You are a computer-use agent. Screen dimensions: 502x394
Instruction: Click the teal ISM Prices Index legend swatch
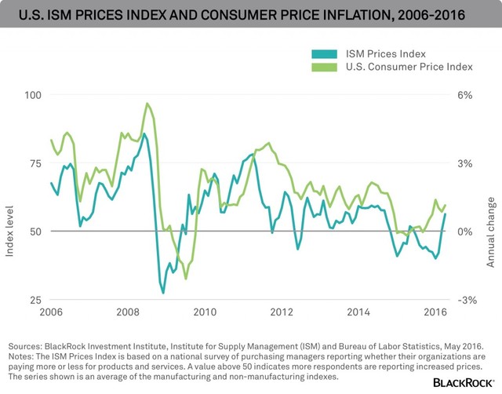(x=324, y=54)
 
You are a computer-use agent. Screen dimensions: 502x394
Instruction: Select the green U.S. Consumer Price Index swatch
(x=324, y=67)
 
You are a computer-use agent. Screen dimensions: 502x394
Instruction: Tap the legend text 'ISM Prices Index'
(x=386, y=54)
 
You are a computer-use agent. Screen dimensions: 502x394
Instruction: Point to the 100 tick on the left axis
(x=33, y=95)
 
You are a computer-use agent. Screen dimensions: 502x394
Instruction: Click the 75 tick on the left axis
(x=35, y=163)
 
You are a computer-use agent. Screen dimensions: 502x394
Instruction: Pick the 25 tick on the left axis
(x=35, y=300)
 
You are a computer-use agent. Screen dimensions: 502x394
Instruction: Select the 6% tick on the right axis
(x=465, y=95)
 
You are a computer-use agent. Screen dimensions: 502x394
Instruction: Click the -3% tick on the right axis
(x=467, y=300)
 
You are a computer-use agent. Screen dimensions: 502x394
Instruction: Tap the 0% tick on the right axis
(x=465, y=232)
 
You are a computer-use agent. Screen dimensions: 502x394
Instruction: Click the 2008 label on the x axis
(x=128, y=312)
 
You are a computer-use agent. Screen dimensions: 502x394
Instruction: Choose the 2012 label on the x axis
(x=282, y=312)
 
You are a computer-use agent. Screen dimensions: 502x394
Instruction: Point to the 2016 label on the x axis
(x=435, y=312)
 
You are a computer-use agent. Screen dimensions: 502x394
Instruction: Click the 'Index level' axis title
(x=9, y=232)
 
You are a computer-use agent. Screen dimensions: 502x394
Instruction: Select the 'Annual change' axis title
(x=490, y=232)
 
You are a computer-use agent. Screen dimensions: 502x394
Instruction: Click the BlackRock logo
(x=464, y=382)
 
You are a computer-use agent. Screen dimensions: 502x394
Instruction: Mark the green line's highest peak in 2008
(x=147, y=104)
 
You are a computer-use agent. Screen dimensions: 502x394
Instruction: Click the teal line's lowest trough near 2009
(x=163, y=293)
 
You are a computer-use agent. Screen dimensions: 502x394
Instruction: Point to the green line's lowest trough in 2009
(x=186, y=279)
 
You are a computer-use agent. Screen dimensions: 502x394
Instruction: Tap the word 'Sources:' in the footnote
(x=24, y=346)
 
